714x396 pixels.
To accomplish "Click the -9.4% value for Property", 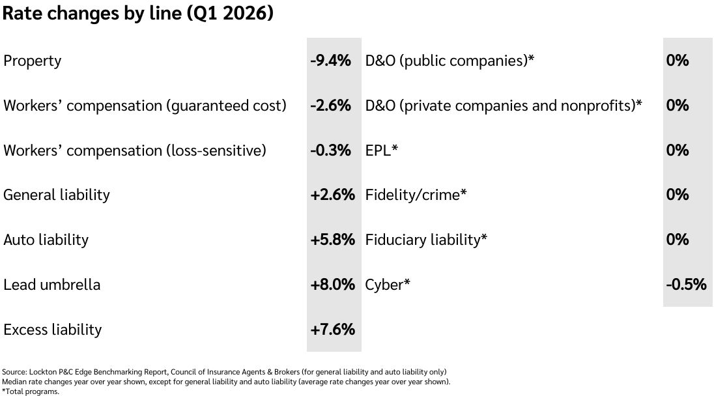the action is (x=330, y=61).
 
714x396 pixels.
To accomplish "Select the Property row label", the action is (x=33, y=61).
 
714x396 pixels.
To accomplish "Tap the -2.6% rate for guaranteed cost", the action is (x=330, y=106).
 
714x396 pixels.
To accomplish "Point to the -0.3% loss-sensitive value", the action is (x=330, y=150).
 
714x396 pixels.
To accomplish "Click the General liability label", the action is (x=57, y=195).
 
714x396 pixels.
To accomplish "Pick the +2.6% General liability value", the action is (x=332, y=195).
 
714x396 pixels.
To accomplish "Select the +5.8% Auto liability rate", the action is (x=332, y=240).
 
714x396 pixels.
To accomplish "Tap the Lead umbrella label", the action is (x=52, y=285).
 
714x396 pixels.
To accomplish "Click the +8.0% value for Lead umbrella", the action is (x=332, y=285).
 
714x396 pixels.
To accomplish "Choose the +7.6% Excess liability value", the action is (x=332, y=330).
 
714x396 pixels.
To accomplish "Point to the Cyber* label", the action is (x=388, y=285).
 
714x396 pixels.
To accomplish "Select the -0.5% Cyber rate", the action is (x=686, y=285).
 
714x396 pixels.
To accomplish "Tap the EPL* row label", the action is (x=382, y=150).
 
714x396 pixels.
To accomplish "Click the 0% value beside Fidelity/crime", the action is (x=678, y=195).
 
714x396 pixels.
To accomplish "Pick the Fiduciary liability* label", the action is (x=426, y=240).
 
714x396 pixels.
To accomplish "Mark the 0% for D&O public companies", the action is (x=678, y=61).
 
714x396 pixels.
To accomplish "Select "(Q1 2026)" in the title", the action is (x=230, y=14).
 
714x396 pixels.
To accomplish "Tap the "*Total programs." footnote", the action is (x=31, y=391).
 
